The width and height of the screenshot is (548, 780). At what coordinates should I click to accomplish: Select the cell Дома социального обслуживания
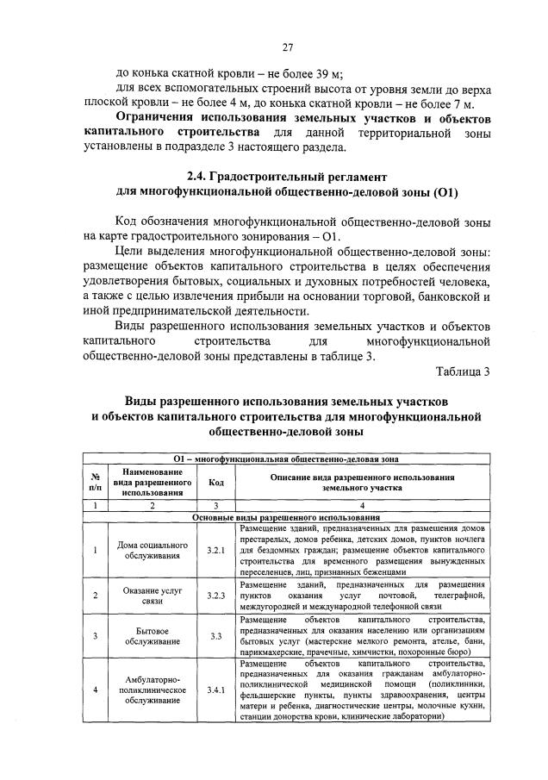(152, 550)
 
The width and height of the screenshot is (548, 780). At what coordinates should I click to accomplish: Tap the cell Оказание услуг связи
(152, 596)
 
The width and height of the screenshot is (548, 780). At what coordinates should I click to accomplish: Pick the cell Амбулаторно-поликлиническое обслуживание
(152, 690)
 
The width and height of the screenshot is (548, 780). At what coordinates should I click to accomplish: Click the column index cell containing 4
(362, 505)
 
